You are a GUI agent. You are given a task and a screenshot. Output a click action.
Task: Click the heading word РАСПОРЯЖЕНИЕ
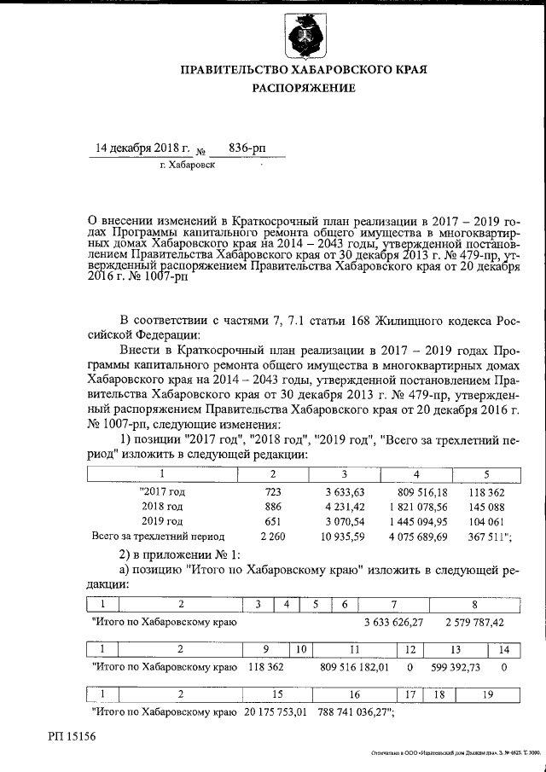pyautogui.click(x=303, y=88)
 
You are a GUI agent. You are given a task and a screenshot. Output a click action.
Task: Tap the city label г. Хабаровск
pyautogui.click(x=188, y=165)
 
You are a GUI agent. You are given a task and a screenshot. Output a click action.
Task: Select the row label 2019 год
pyautogui.click(x=162, y=520)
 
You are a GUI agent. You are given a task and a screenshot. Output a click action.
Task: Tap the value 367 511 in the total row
pyautogui.click(x=485, y=536)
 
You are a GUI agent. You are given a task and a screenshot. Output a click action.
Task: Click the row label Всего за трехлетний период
pyautogui.click(x=158, y=536)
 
